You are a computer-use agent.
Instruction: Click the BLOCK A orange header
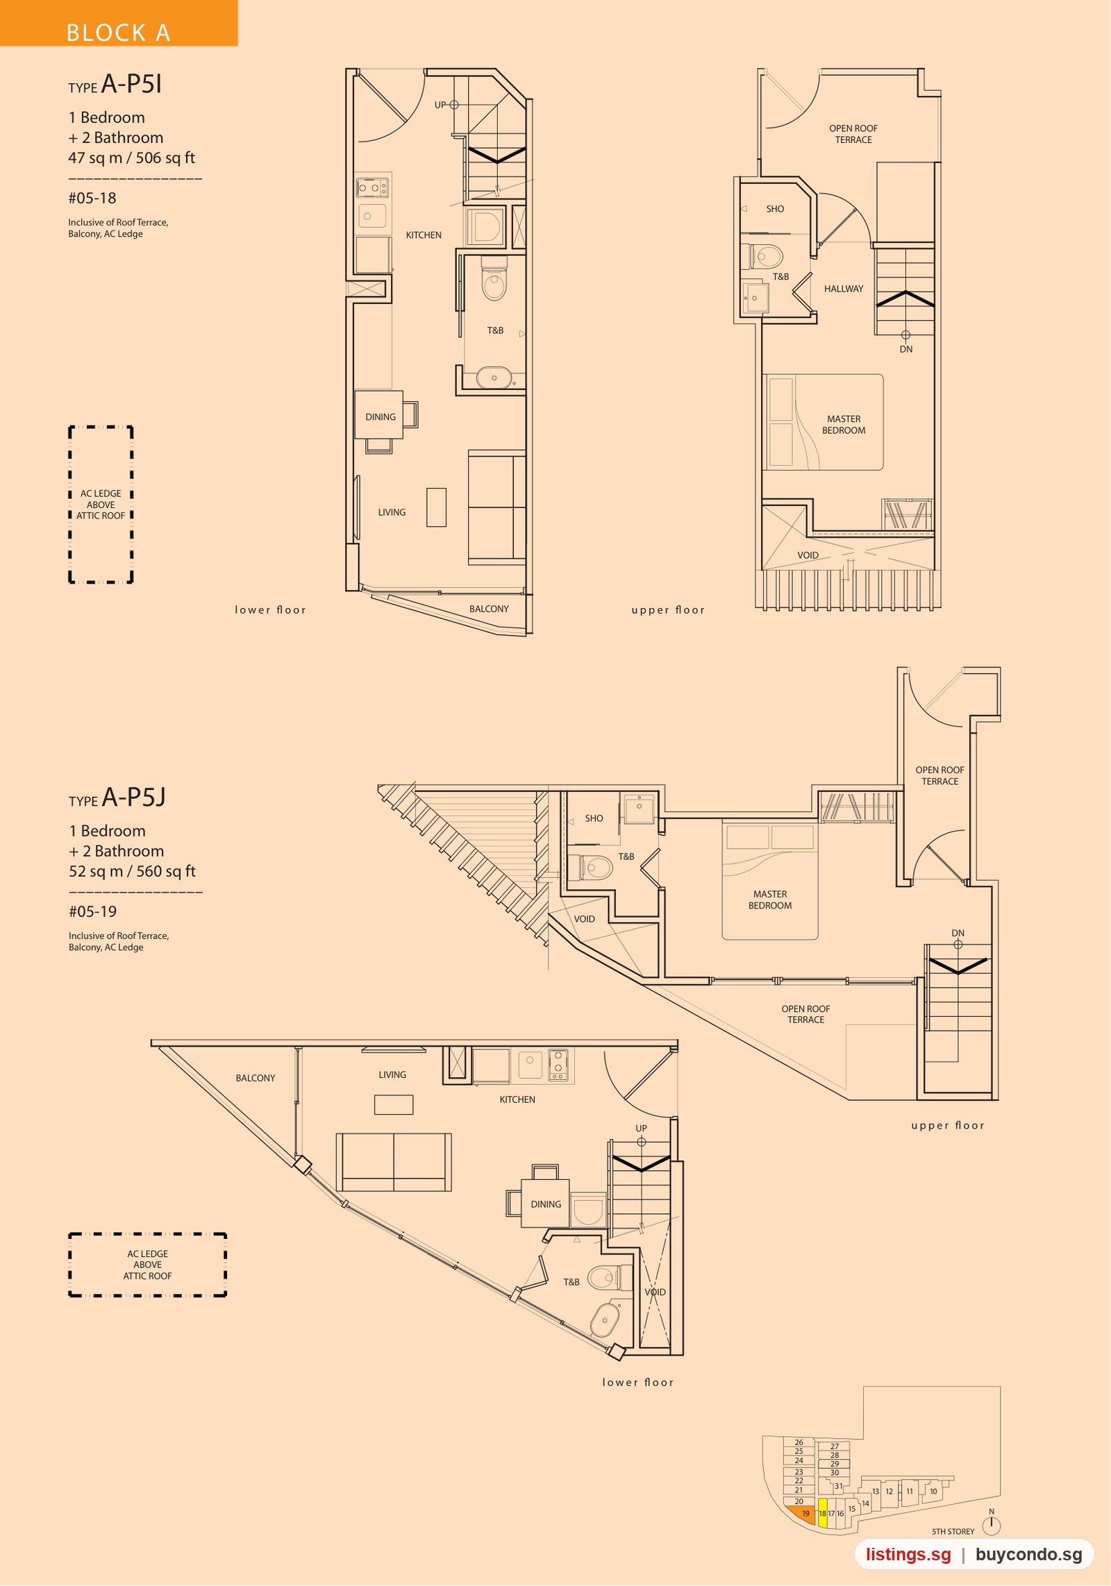click(118, 24)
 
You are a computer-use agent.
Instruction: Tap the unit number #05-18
click(92, 199)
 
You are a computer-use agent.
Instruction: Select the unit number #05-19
click(93, 912)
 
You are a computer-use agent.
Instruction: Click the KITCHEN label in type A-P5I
click(424, 235)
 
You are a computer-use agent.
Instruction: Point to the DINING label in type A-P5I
click(381, 417)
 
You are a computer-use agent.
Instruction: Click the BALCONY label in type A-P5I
click(489, 609)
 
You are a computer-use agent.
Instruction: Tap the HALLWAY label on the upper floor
click(844, 289)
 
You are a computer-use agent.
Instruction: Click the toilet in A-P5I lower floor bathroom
click(494, 279)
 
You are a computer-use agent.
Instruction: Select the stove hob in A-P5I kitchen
click(373, 187)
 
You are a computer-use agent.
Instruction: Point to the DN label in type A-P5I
click(906, 349)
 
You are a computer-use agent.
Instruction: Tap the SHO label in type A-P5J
click(594, 818)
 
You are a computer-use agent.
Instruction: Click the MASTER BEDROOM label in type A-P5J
click(770, 900)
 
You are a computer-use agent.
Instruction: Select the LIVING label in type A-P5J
click(392, 1074)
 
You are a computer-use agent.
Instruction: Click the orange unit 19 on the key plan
click(802, 1514)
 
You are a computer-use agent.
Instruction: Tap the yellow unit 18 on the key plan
click(823, 1513)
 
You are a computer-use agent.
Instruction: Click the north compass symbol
click(992, 1524)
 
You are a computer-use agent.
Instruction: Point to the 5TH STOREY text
click(953, 1531)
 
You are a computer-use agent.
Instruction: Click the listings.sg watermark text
click(908, 1554)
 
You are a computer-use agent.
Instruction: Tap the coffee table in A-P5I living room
click(436, 507)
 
